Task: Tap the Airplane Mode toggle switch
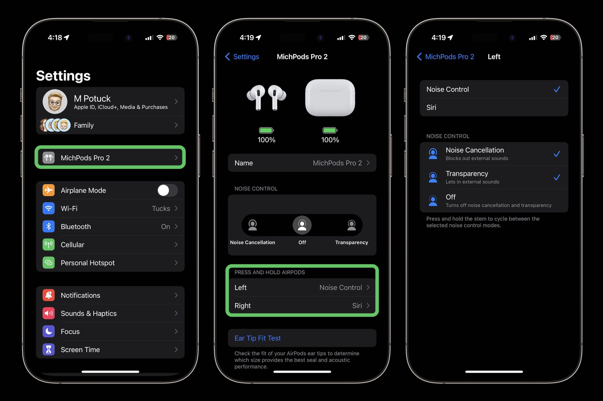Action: pyautogui.click(x=167, y=190)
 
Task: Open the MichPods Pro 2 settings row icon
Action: pyautogui.click(x=48, y=158)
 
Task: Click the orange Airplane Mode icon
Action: pyautogui.click(x=48, y=190)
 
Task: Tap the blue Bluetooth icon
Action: pyautogui.click(x=48, y=227)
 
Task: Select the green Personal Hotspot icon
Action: pyautogui.click(x=48, y=263)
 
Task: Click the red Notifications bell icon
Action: pyautogui.click(x=48, y=295)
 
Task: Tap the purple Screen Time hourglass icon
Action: pyautogui.click(x=48, y=350)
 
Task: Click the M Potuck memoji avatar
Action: pyautogui.click(x=55, y=102)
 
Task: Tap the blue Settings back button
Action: pyautogui.click(x=242, y=56)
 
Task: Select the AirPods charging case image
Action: pyautogui.click(x=330, y=98)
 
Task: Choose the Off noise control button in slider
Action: pyautogui.click(x=302, y=225)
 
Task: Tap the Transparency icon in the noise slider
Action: pyautogui.click(x=352, y=225)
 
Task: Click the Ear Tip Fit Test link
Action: pyautogui.click(x=257, y=338)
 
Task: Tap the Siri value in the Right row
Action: pyautogui.click(x=357, y=306)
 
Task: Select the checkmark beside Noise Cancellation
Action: pyautogui.click(x=556, y=154)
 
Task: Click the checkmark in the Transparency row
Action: pyautogui.click(x=556, y=177)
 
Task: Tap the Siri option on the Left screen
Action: pyautogui.click(x=431, y=107)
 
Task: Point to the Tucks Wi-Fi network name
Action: pyautogui.click(x=161, y=209)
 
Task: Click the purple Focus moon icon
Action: pyautogui.click(x=48, y=331)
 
